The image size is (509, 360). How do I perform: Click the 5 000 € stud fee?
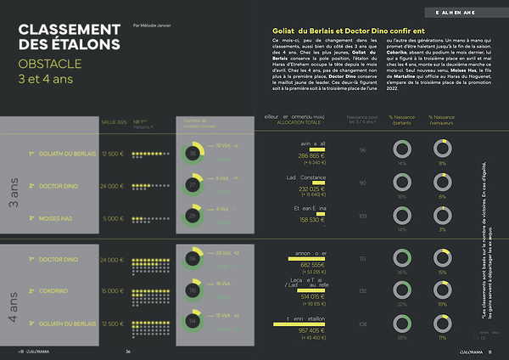click(x=113, y=218)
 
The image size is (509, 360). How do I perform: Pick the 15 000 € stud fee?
click(x=113, y=290)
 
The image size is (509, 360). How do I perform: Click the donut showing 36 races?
click(x=194, y=154)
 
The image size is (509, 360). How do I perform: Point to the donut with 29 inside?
click(x=194, y=217)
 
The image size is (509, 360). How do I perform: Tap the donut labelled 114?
click(x=194, y=322)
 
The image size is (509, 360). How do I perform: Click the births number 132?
click(x=362, y=290)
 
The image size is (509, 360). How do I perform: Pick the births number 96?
click(x=362, y=150)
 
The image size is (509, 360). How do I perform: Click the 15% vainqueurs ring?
click(x=441, y=258)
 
